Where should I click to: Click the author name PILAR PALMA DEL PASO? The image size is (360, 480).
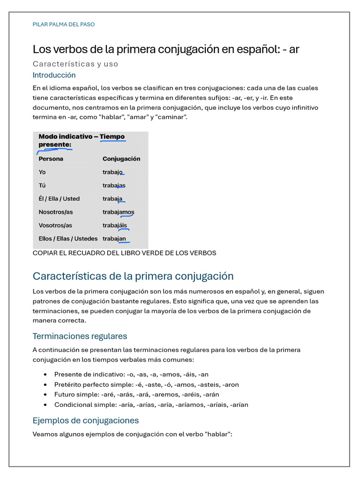pos(63,24)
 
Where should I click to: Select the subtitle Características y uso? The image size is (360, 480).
pos(75,64)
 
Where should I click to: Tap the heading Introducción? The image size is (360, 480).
pos(54,75)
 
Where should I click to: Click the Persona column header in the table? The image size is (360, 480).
pos(51,159)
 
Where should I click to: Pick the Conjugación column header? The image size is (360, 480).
pos(121,159)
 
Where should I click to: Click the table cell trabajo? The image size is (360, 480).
pos(113,172)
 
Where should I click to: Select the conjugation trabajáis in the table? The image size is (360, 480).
pos(115,225)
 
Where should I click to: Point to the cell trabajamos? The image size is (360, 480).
pos(118,212)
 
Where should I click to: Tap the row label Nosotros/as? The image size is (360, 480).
pos(56,212)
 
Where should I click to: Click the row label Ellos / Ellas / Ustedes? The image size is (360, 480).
pos(68,239)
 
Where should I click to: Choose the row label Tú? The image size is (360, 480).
pos(42,185)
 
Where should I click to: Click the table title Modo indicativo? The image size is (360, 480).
pos(66,136)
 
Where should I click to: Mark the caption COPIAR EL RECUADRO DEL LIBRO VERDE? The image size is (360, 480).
pos(124,253)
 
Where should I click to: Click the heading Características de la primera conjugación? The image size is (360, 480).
pos(133,276)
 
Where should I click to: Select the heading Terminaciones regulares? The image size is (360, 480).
pos(80,336)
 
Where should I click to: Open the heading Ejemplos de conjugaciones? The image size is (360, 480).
pos(85,420)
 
